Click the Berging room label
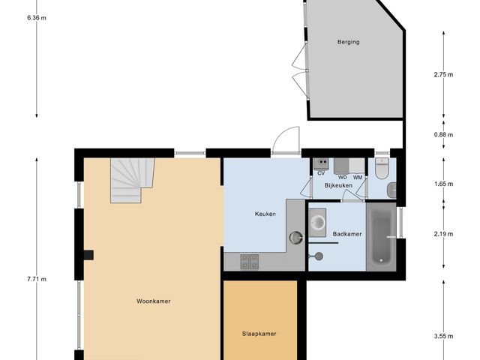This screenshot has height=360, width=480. (348, 42)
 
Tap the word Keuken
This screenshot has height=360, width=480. (265, 214)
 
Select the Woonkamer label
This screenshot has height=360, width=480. (154, 301)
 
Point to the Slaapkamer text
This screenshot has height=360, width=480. (259, 334)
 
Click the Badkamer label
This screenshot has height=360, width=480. (347, 234)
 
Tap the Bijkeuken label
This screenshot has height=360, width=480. (338, 184)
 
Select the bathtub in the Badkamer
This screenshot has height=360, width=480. (382, 238)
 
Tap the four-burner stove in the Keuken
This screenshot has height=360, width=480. (250, 261)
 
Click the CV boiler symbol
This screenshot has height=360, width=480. (321, 162)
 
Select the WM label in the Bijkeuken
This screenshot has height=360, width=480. (358, 177)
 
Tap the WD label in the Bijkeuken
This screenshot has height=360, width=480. (342, 177)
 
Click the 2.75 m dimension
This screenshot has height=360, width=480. (444, 75)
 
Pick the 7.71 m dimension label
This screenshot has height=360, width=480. (37, 279)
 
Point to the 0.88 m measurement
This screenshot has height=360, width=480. (444, 134)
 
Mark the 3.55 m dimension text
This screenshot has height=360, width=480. (444, 336)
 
